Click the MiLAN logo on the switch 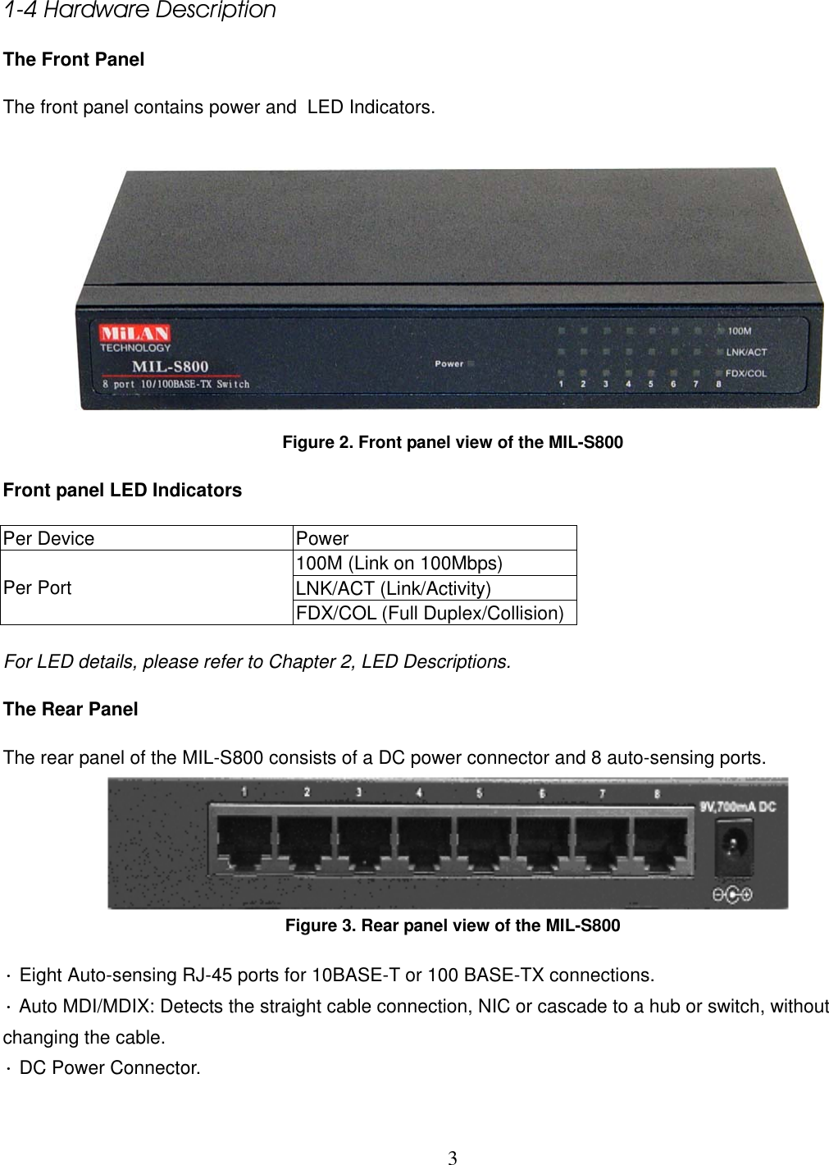pos(134,333)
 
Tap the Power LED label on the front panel pos(449,363)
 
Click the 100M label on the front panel pos(740,331)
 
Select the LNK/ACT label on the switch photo pos(746,352)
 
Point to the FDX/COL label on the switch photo pos(746,373)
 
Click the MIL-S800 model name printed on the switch pos(171,366)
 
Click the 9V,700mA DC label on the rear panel pos(737,806)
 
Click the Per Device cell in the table pos(49,539)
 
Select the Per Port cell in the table pos(38,588)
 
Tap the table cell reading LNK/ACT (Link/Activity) pos(394,588)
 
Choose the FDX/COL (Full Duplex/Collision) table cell pos(430,613)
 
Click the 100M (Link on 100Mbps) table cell pos(399,564)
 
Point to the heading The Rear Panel pos(71,710)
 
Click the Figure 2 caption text pos(453,443)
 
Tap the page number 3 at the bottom pos(452,1158)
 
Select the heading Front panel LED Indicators pos(123,491)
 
